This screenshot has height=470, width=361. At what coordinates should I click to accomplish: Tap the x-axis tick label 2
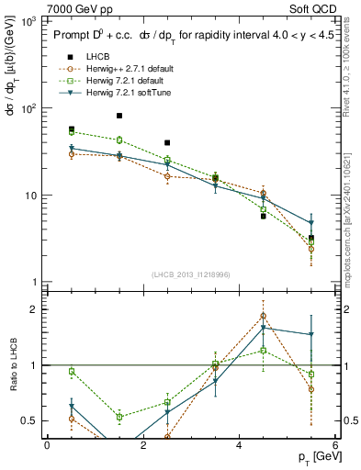[x=143, y=444]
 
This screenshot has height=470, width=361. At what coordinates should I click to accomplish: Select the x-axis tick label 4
[x=239, y=444]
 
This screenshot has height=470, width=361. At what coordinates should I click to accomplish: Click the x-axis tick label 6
[x=335, y=444]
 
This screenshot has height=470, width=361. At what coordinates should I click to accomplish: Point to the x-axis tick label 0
[x=47, y=444]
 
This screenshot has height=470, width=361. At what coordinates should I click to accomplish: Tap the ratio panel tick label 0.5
[x=28, y=420]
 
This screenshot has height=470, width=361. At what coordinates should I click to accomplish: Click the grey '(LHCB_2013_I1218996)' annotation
[x=191, y=275]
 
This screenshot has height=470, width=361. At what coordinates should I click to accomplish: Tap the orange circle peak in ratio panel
[x=263, y=316]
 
